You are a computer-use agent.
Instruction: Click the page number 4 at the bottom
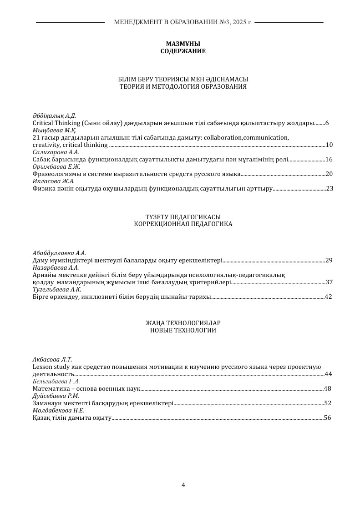pos(183,485)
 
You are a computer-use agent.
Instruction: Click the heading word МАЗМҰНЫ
pos(183,44)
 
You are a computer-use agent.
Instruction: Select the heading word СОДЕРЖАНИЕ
pos(183,51)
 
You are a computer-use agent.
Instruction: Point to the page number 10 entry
pos(329,145)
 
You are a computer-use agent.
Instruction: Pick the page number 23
pos(330,188)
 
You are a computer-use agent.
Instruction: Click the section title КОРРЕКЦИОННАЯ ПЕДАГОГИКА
pos(183,224)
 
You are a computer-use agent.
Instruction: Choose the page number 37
pos(329,282)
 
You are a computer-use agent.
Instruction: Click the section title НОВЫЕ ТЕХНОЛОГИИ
pos(183,331)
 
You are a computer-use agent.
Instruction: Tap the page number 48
pos(327,389)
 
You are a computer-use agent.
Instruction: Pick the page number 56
pos(327,418)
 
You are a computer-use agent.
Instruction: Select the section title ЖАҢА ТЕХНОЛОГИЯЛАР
pos(183,323)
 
